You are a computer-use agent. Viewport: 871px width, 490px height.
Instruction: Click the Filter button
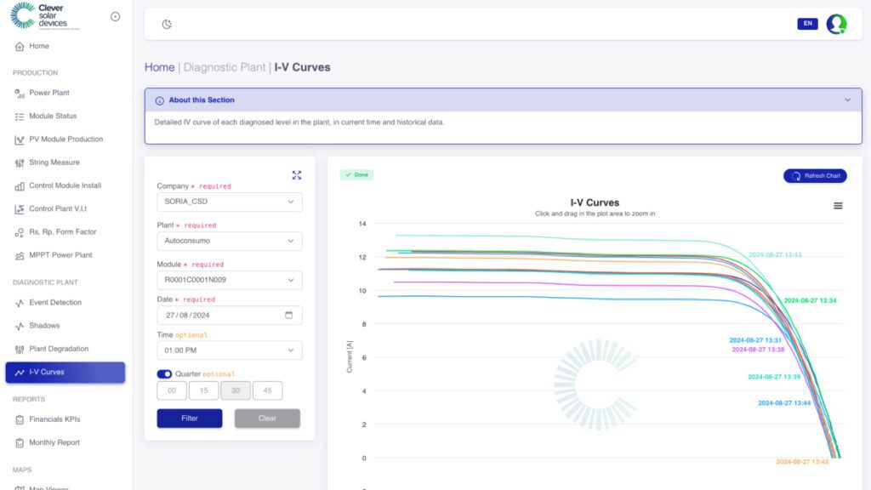coord(190,419)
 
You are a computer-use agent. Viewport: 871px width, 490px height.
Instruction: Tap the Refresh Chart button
coord(815,176)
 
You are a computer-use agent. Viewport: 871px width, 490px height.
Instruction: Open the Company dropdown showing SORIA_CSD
coord(230,202)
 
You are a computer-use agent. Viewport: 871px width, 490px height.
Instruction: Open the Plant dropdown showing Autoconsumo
coord(230,241)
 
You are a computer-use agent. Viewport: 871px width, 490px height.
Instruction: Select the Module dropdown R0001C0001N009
coord(230,280)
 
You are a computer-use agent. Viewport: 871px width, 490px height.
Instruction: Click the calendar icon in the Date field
coord(288,315)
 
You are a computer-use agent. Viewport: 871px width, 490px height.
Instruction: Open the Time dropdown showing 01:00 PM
coord(230,350)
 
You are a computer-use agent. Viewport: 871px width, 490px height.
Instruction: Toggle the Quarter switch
coord(165,374)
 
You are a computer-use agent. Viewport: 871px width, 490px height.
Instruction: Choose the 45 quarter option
coord(268,391)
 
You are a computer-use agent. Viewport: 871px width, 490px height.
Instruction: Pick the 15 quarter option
coord(203,391)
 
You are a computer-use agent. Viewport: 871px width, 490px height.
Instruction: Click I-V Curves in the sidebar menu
coord(65,373)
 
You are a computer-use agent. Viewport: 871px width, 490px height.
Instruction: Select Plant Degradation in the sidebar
coord(59,349)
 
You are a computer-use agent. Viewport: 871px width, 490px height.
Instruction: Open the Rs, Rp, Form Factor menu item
coord(62,232)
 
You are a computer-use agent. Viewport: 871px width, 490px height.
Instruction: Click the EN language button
coord(807,24)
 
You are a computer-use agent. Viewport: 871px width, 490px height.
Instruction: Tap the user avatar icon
coord(837,24)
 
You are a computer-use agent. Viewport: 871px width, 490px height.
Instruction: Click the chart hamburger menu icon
coord(838,206)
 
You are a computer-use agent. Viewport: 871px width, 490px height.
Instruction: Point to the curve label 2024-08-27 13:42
coord(802,462)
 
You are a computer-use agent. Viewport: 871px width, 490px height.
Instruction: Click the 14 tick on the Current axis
coord(362,224)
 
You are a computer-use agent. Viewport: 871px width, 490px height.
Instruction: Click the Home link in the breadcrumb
coord(159,67)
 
